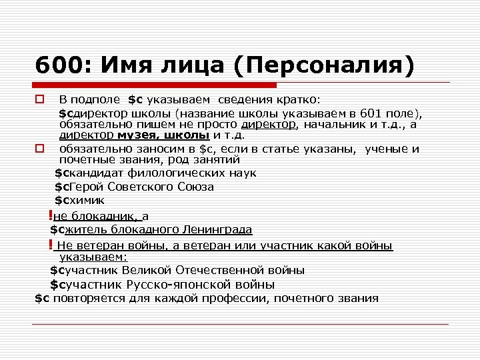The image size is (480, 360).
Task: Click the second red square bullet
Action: (39, 149)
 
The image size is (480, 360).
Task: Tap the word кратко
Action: (298, 100)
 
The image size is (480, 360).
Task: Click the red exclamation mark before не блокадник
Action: (51, 215)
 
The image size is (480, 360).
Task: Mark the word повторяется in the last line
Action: (85, 298)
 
